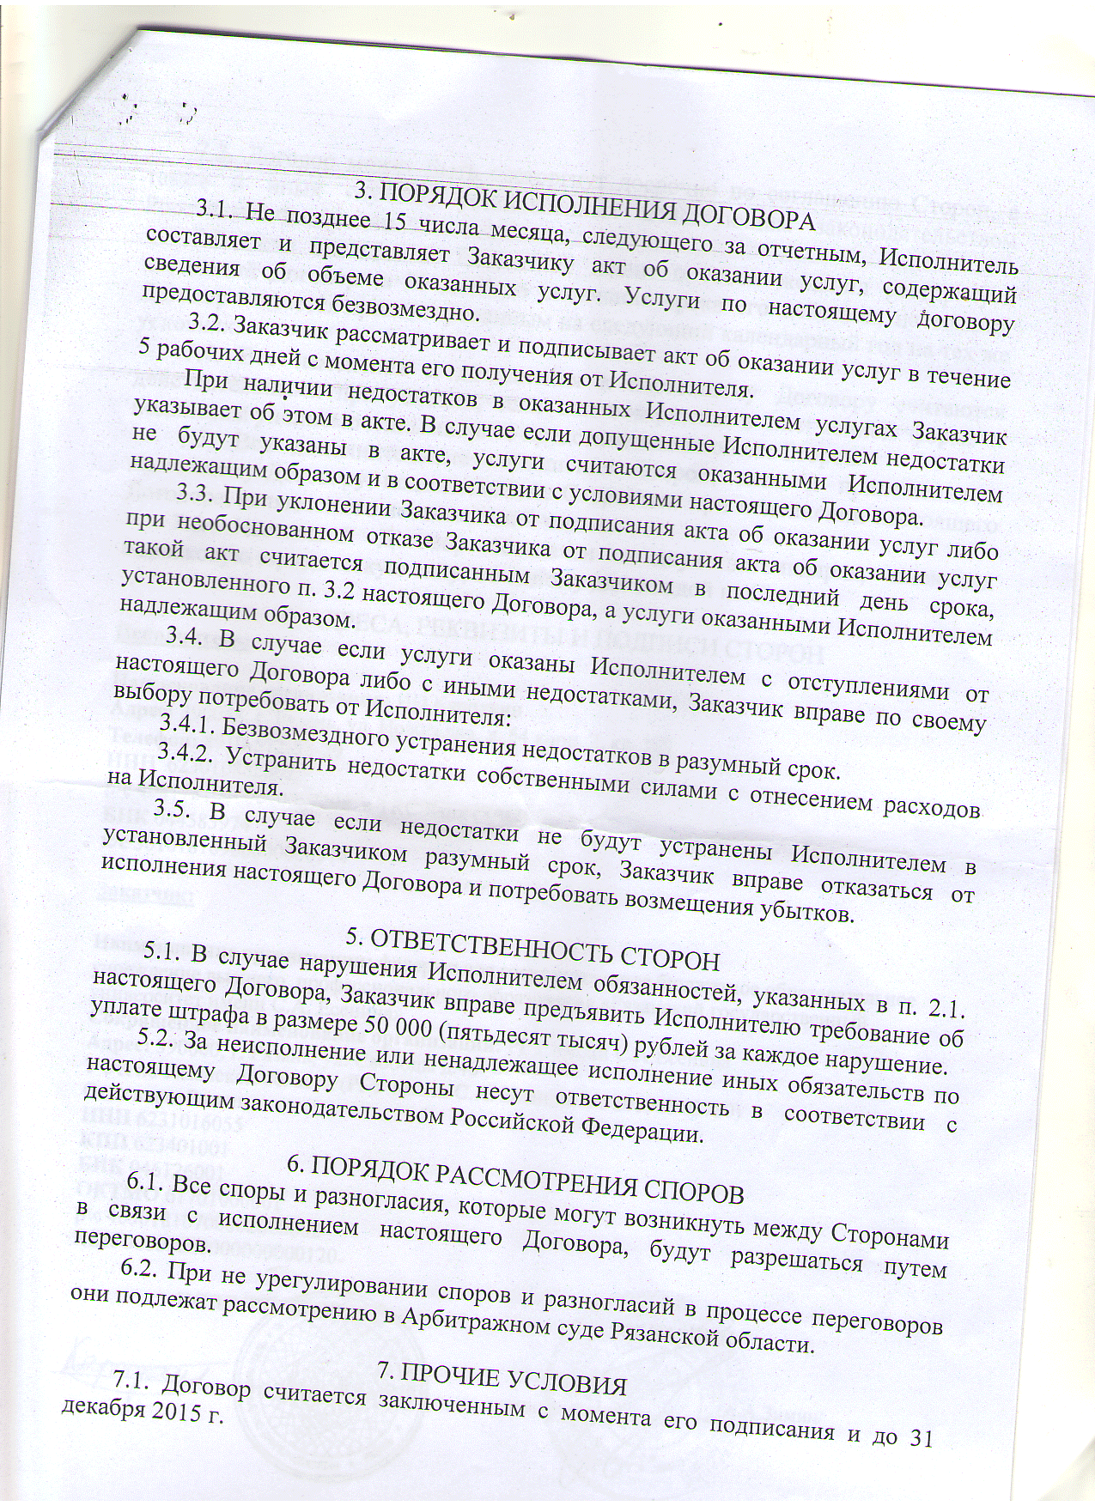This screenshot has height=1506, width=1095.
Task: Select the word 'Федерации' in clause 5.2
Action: pos(645,1131)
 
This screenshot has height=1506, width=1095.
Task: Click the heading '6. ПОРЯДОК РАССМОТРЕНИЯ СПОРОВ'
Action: pos(515,1179)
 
